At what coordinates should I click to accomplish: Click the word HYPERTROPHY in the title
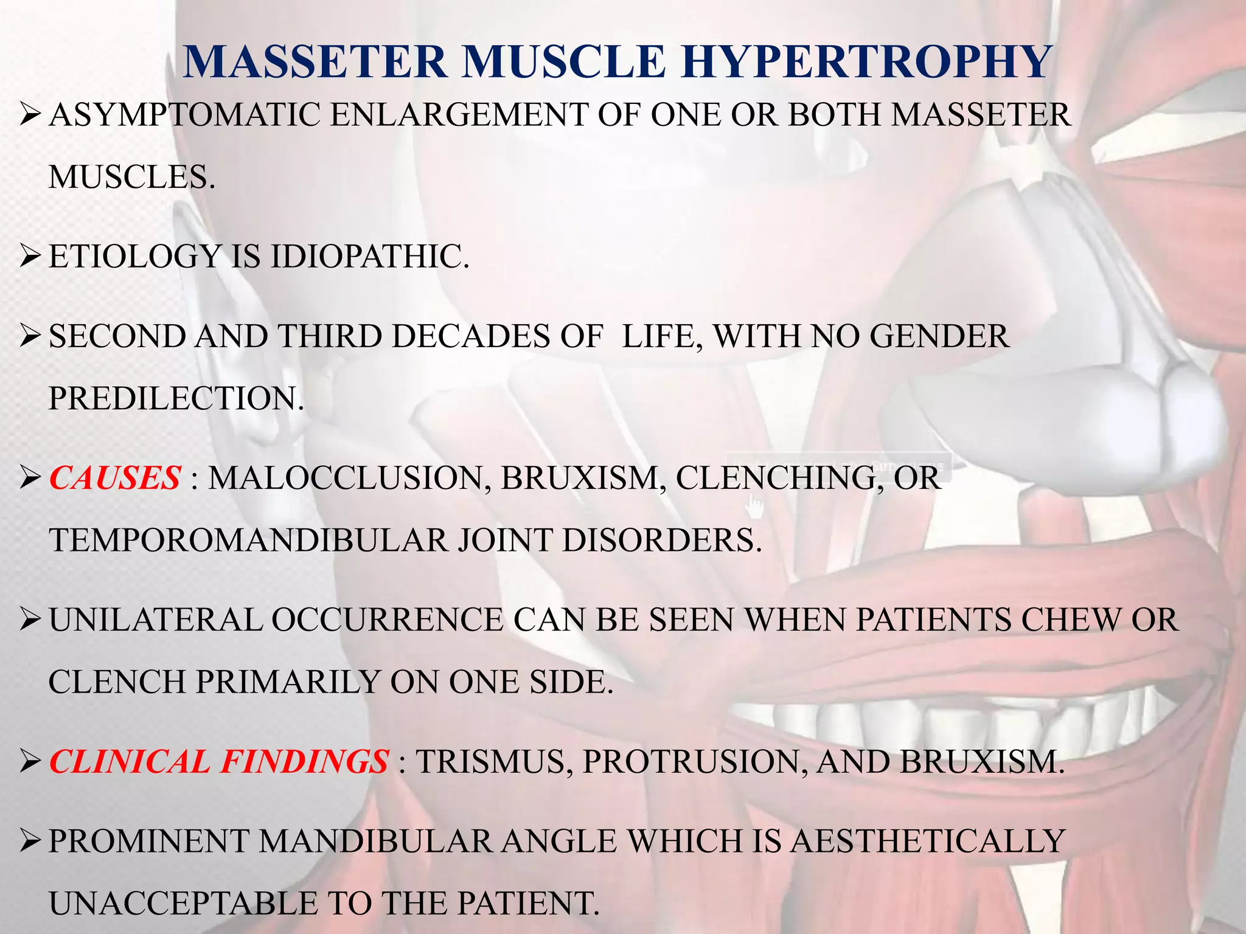point(866,62)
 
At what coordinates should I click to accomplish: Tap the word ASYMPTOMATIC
point(184,115)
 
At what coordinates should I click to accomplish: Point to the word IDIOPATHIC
point(370,256)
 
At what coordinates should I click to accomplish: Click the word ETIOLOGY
point(134,256)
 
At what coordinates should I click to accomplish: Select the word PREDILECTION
point(176,398)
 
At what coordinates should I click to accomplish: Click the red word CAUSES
point(115,478)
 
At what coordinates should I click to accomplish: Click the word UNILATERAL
point(155,620)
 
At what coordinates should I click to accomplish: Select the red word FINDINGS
point(304,761)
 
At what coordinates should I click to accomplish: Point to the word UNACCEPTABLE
point(183,903)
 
